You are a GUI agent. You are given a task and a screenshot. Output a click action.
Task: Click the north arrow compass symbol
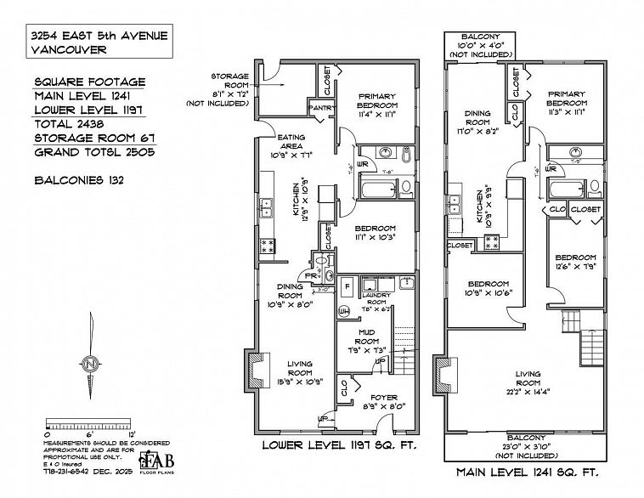pos(89,363)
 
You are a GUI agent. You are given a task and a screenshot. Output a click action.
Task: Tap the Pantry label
pos(321,108)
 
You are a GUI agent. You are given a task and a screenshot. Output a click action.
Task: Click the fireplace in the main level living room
pos(443,376)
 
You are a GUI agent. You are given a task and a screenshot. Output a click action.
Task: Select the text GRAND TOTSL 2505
pos(99,154)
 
